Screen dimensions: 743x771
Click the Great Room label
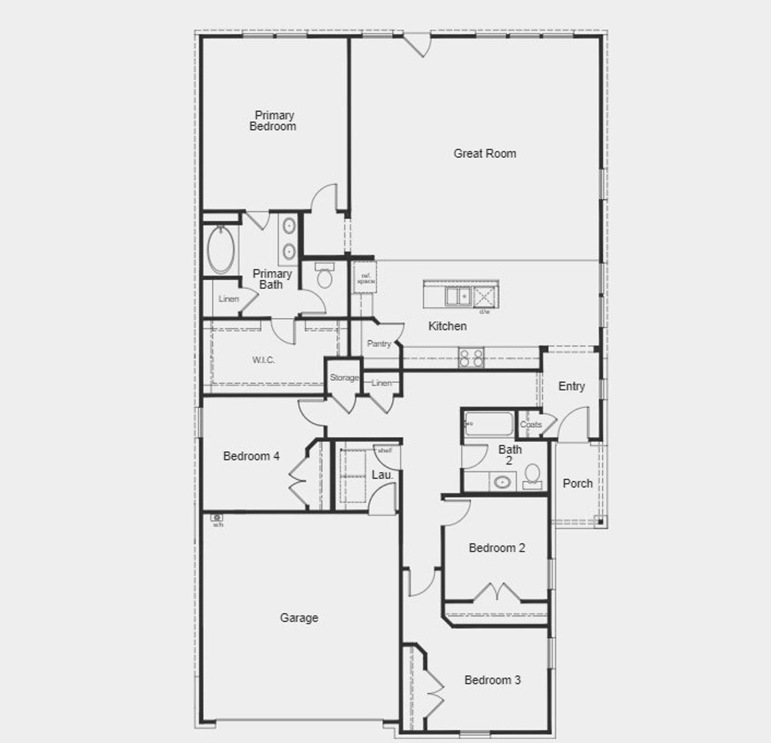click(x=484, y=154)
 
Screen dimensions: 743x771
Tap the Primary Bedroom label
click(x=273, y=121)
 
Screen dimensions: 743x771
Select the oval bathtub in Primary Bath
click(x=221, y=250)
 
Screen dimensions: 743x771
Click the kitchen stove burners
click(x=471, y=357)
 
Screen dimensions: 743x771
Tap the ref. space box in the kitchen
click(x=365, y=278)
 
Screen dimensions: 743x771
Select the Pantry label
click(x=379, y=343)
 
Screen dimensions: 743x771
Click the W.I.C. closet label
click(x=263, y=360)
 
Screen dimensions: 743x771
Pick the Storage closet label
click(x=344, y=378)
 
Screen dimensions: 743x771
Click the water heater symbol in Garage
click(x=217, y=518)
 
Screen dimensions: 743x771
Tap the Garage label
click(x=299, y=618)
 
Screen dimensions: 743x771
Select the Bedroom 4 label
click(x=251, y=456)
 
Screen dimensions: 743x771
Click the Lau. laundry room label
click(x=382, y=475)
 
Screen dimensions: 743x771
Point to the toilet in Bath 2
click(x=532, y=475)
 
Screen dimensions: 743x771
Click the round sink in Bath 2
click(x=502, y=482)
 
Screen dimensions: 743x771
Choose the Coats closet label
click(x=531, y=424)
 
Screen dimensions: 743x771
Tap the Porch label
click(x=578, y=483)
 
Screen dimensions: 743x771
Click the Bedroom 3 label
click(x=492, y=680)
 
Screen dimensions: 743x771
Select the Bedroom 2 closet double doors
click(x=497, y=592)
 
